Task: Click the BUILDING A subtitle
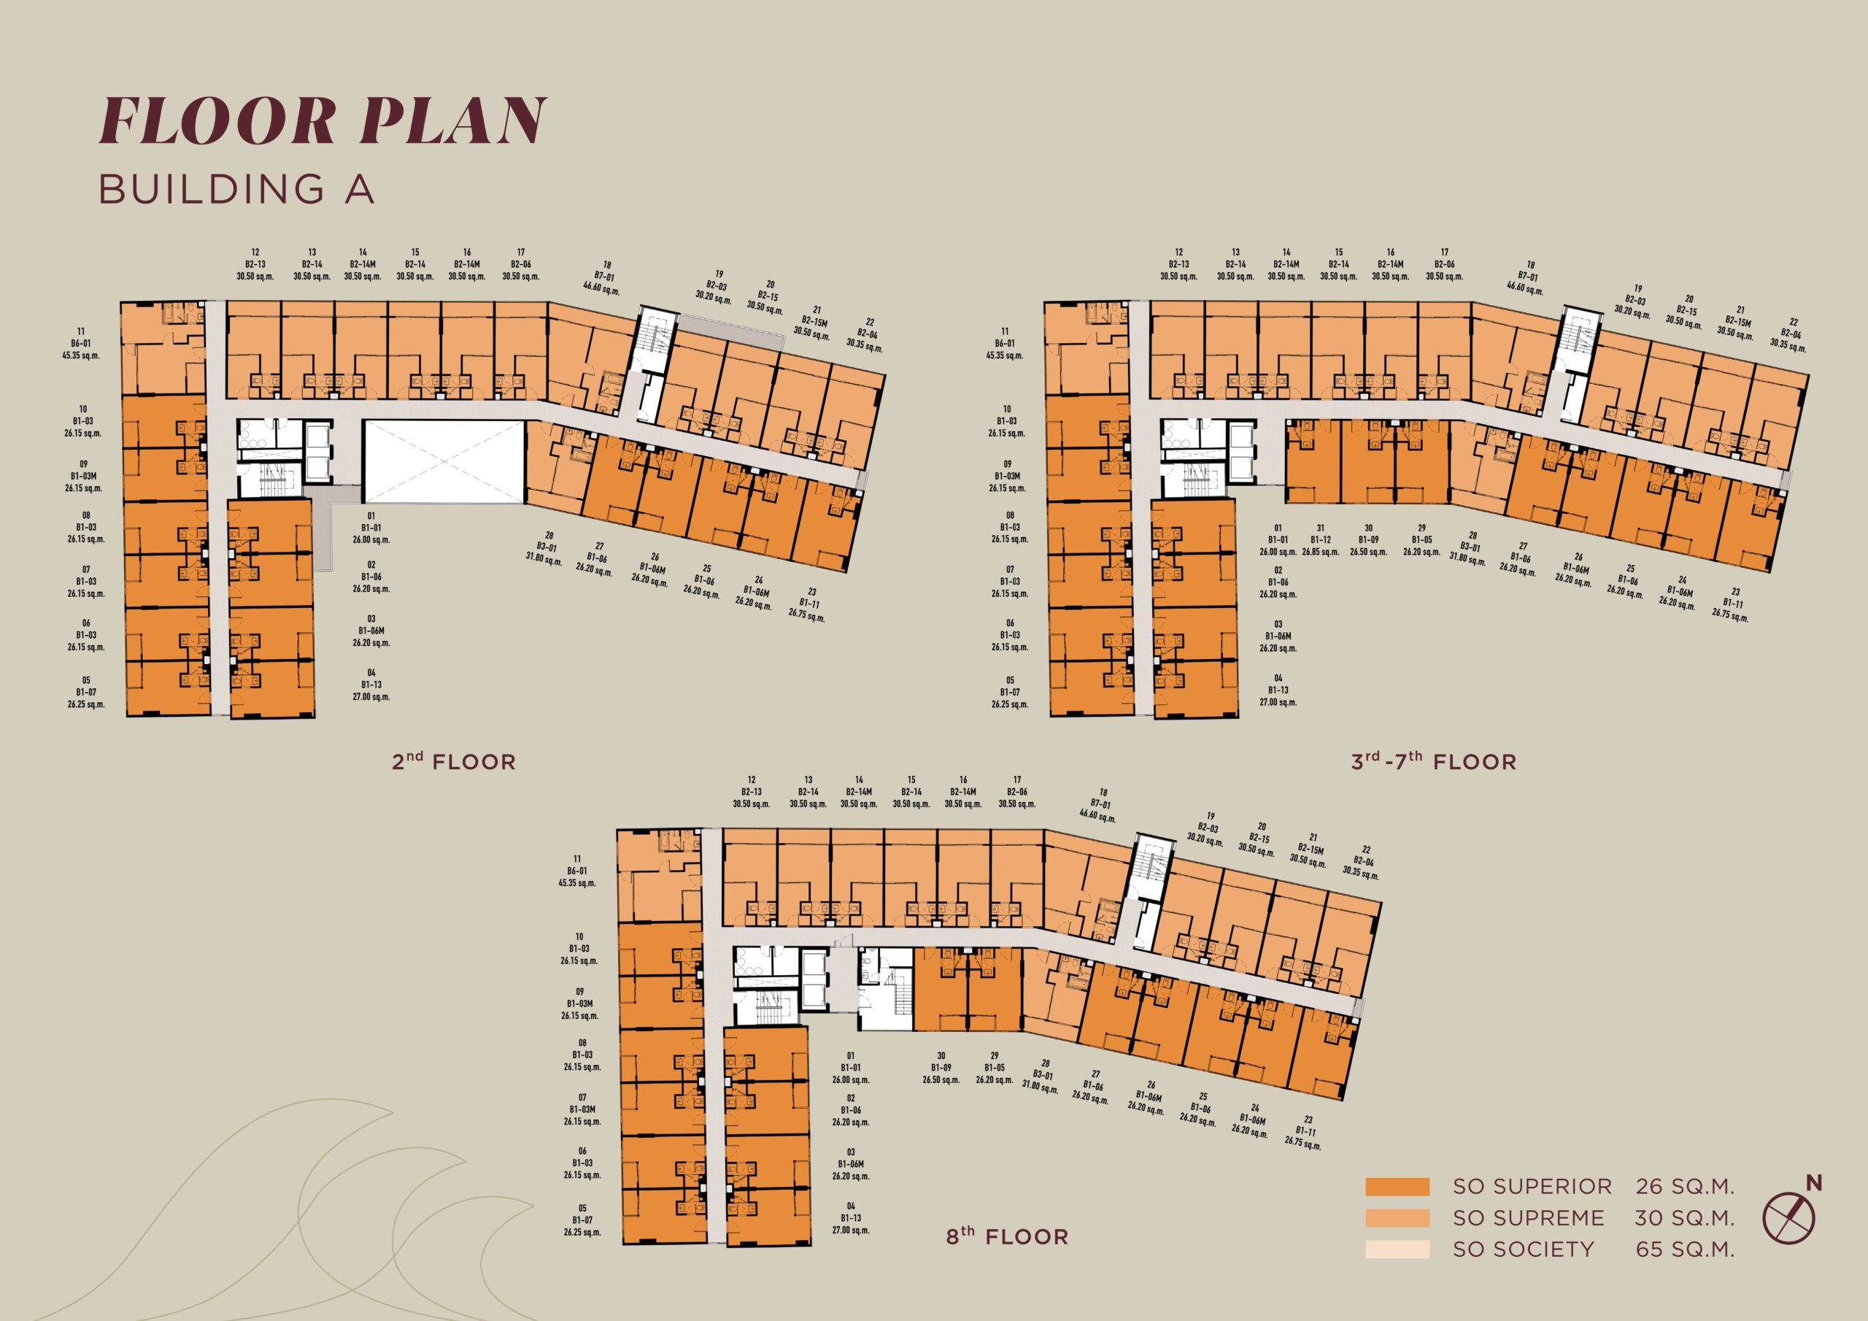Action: [x=236, y=189]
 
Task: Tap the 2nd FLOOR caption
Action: [x=454, y=762]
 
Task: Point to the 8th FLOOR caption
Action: [x=1007, y=1236]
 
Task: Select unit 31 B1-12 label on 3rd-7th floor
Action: [x=1320, y=539]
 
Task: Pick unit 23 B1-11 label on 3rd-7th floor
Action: [x=1732, y=605]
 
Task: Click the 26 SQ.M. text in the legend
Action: [x=1685, y=1209]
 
